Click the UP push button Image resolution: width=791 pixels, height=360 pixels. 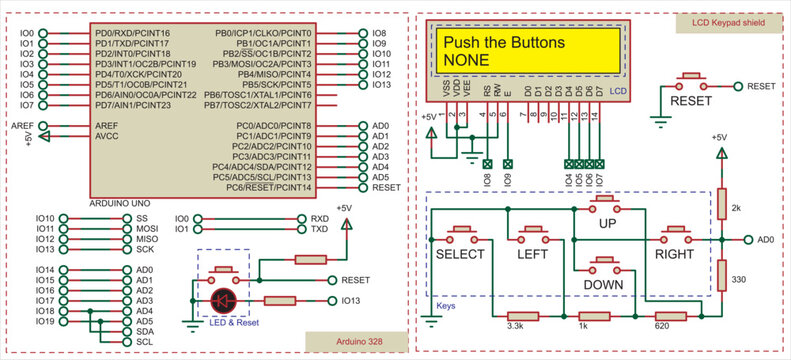pyautogui.click(x=606, y=205)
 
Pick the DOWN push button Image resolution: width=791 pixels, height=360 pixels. pyautogui.click(x=606, y=264)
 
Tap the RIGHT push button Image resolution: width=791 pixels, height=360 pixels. pyautogui.click(x=673, y=234)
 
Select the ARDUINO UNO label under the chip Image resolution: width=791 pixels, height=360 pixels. pyautogui.click(x=117, y=203)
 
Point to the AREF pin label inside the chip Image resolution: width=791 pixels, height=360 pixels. pyautogui.click(x=107, y=126)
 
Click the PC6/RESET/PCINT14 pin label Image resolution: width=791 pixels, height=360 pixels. pyautogui.click(x=270, y=187)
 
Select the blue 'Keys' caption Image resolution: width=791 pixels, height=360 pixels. pyautogui.click(x=446, y=307)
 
